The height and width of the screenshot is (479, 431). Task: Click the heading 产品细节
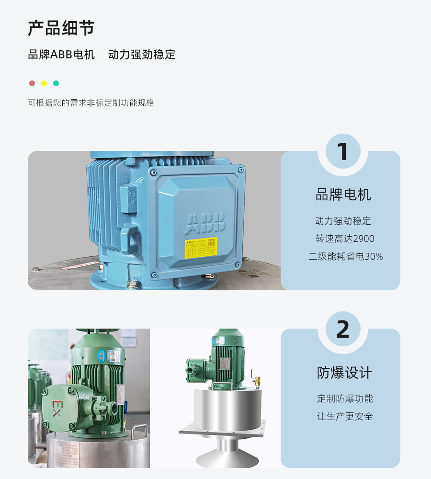coord(61,28)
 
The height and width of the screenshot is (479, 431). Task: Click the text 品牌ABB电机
coord(61,55)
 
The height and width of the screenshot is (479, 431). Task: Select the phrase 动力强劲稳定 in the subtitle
coord(142,55)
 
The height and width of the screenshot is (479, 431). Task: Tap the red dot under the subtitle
coord(32,83)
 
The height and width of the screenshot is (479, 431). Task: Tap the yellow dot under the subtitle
coord(44,83)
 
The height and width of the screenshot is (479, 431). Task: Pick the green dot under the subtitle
coord(56,83)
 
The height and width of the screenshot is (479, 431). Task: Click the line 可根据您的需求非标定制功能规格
coord(91,103)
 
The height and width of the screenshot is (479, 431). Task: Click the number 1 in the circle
coord(343,152)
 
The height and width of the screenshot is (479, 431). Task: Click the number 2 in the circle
coord(343,330)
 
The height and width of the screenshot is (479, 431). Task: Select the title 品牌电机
coord(343,195)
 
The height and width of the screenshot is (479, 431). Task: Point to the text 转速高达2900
coord(344,239)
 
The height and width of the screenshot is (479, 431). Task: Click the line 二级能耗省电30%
coord(345,256)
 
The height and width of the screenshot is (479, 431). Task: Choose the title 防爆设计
coord(344,373)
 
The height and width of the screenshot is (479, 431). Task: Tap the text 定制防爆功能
coord(345,399)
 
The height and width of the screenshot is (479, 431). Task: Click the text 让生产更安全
coord(345,416)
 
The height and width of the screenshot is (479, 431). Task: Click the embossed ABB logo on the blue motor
coord(204,223)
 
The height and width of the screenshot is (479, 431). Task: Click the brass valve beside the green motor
coord(257,381)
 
